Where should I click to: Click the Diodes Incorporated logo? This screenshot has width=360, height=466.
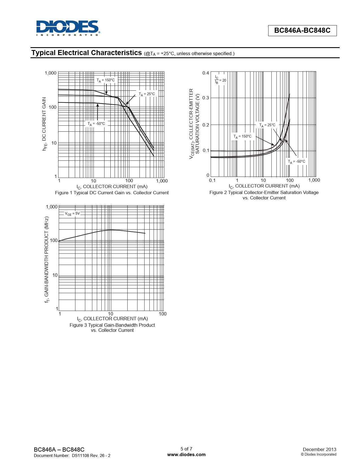click(68, 28)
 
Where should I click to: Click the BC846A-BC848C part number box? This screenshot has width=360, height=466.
click(302, 31)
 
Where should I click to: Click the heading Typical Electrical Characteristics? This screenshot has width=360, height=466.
click(86, 53)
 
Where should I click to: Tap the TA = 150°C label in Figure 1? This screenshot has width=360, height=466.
click(106, 80)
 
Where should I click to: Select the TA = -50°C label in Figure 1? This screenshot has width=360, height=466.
click(96, 124)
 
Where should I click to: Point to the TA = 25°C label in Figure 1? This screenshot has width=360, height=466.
click(147, 94)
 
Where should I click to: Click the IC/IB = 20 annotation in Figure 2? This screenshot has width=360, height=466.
click(220, 80)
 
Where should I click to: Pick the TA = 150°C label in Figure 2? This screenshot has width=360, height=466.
click(242, 136)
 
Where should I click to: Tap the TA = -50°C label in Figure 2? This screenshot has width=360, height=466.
click(296, 162)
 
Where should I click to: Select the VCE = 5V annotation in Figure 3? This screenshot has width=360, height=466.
click(72, 214)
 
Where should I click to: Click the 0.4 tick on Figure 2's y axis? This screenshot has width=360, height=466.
click(206, 73)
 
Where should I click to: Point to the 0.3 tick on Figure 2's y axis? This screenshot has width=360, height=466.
click(206, 98)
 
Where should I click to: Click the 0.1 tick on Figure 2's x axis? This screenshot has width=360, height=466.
click(212, 180)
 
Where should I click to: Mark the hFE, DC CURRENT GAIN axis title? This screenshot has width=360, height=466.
click(44, 124)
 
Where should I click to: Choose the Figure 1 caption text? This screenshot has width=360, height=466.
click(112, 193)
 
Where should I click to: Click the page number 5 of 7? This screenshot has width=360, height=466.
click(186, 449)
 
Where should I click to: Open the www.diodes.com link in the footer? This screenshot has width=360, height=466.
click(186, 454)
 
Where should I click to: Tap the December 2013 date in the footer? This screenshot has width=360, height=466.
click(319, 449)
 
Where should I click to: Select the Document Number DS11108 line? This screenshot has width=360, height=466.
click(72, 455)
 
